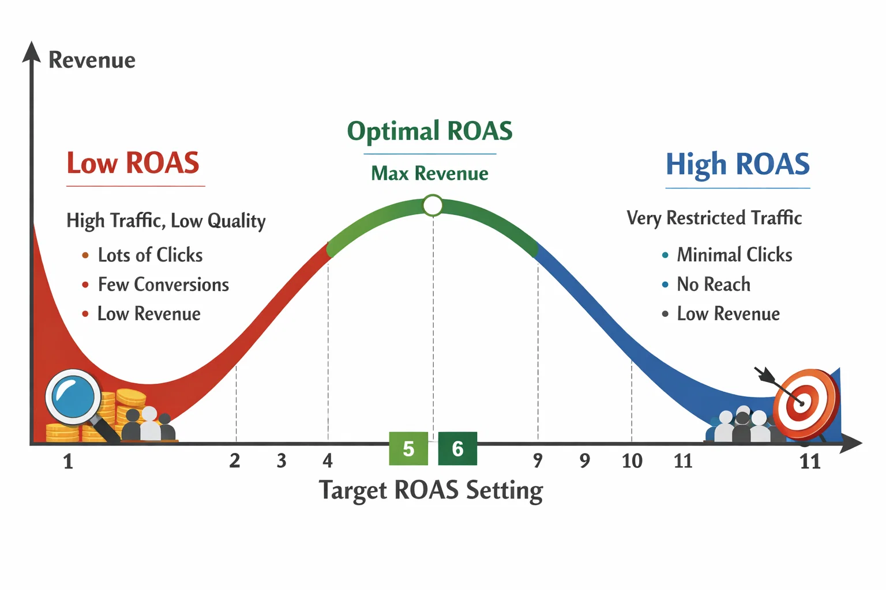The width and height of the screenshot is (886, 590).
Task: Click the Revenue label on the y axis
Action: [x=92, y=60]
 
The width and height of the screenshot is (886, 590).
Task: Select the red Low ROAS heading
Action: [x=133, y=163]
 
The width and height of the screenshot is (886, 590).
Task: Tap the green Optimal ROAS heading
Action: [x=430, y=131]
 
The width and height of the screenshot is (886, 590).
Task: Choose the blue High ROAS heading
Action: [x=737, y=164]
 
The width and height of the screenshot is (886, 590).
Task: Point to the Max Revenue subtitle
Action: [x=430, y=173]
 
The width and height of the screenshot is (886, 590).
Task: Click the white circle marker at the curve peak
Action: [x=433, y=206]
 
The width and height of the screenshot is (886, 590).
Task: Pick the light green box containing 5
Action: [x=408, y=448]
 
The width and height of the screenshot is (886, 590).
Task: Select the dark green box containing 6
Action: [x=457, y=448]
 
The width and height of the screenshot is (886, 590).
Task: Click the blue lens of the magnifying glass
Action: [x=73, y=397]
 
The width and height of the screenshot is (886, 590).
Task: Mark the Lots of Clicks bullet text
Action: [x=150, y=255]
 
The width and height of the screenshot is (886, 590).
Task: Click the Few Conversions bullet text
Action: [x=163, y=285]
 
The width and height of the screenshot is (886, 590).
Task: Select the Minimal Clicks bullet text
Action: [x=734, y=255]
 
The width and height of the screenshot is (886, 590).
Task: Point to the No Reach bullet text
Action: [x=714, y=285]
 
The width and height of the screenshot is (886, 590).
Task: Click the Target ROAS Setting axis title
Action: [x=431, y=490]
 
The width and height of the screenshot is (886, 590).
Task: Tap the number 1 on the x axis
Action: [x=68, y=462]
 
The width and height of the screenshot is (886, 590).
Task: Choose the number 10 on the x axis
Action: [x=632, y=461]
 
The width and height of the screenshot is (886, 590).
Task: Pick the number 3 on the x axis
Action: [x=281, y=461]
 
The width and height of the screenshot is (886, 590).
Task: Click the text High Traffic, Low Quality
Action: [x=166, y=221]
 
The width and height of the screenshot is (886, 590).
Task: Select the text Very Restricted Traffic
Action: [x=714, y=218]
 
